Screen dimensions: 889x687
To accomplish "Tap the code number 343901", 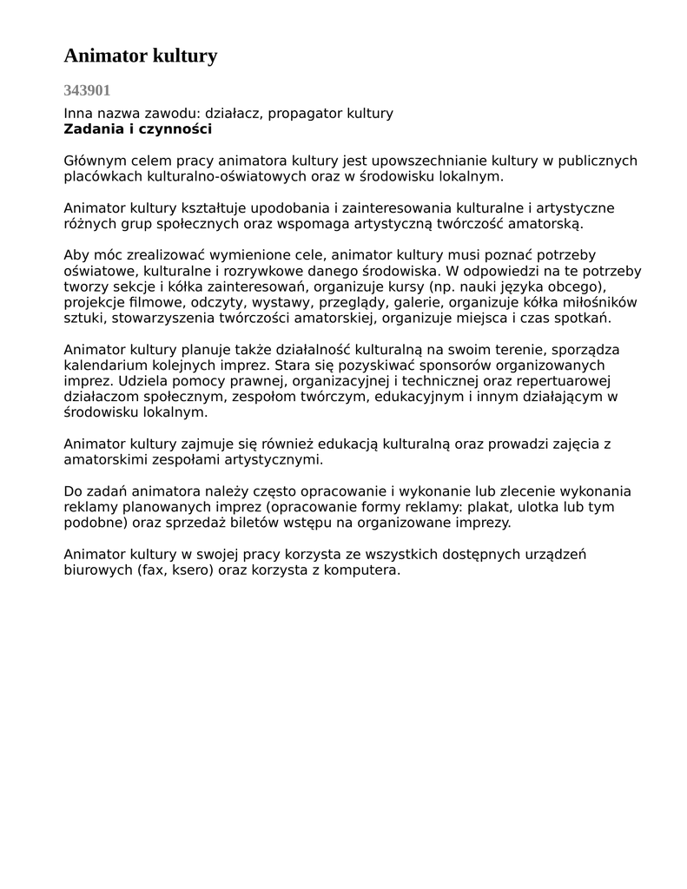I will (x=87, y=90).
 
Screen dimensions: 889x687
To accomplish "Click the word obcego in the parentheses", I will (x=575, y=286).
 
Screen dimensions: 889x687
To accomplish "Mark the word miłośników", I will (x=598, y=302).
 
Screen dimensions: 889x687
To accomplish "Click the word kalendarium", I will (x=106, y=365).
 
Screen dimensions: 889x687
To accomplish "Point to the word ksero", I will (x=190, y=570).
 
